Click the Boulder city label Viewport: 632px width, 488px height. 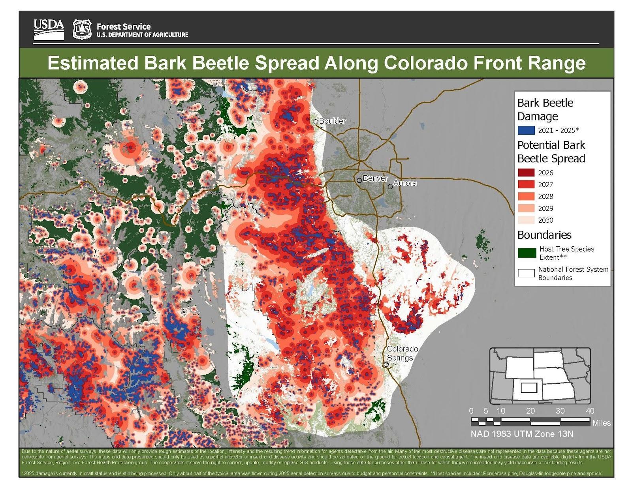332,121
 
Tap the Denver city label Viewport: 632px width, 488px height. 375,178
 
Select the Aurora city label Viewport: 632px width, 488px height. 405,183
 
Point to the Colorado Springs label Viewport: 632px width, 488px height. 402,353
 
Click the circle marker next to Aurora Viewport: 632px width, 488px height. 390,186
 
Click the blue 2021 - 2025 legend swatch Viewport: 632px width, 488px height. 526,130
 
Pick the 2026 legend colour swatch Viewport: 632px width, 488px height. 526,173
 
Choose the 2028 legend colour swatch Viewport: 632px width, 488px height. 526,196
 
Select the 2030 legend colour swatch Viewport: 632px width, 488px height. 526,220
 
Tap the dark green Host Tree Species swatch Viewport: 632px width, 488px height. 527,253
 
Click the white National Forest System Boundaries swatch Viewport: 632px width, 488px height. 526,273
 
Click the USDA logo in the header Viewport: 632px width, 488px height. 49,29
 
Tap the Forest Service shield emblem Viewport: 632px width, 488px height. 82,29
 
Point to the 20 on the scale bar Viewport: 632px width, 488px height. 530,411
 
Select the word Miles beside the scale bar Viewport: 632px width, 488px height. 601,423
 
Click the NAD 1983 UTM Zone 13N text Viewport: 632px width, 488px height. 521,434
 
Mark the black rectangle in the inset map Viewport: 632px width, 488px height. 529,388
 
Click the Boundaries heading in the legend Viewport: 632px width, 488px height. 544,235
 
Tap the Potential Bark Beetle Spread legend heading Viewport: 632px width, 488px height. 551,152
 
